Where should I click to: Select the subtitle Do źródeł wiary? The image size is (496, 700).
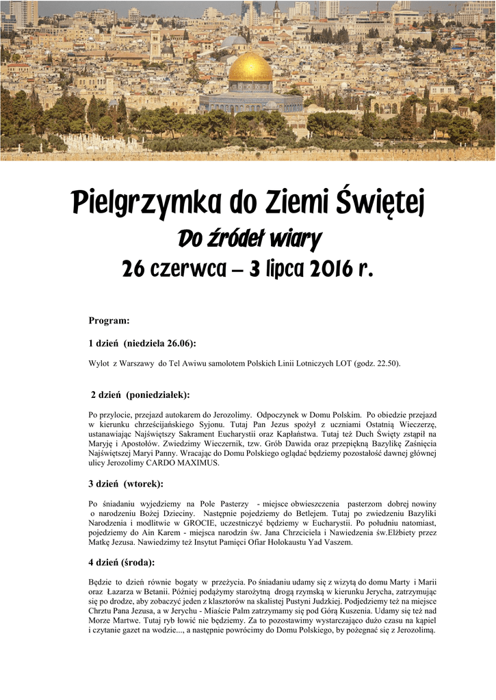coord(249,239)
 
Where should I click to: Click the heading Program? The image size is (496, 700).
coord(109,321)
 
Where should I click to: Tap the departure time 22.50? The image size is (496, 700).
coord(386,364)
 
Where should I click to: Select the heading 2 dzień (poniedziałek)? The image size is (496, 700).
coord(140,395)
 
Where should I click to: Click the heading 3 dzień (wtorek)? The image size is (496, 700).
coord(126,484)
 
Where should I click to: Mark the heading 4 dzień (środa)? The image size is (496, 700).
coord(121,563)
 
